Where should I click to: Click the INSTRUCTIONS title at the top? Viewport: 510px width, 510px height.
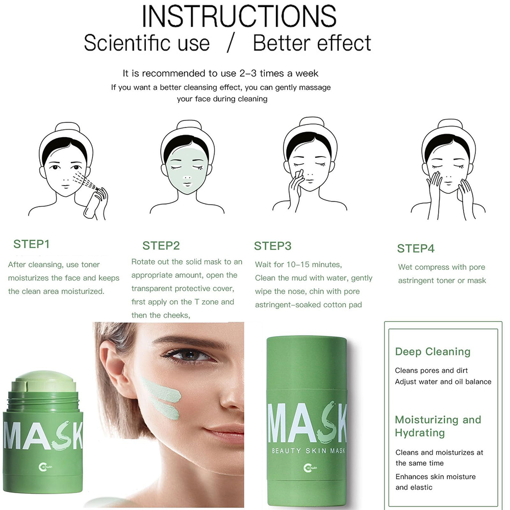click(x=239, y=16)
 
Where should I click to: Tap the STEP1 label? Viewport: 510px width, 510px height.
click(x=32, y=244)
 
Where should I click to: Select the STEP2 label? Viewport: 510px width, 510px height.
click(x=161, y=246)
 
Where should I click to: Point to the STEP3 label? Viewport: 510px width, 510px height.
click(x=272, y=246)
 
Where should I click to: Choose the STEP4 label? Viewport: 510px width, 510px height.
click(x=416, y=248)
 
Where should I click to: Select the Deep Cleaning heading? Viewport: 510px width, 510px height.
click(x=432, y=351)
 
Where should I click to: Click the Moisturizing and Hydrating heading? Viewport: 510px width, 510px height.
click(x=438, y=426)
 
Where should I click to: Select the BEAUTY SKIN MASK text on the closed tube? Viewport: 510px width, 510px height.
click(x=308, y=451)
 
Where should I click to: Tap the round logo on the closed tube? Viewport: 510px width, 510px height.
click(x=310, y=468)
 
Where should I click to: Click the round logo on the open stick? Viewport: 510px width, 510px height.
click(x=45, y=467)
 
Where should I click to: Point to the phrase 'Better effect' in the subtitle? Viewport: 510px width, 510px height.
click(x=312, y=43)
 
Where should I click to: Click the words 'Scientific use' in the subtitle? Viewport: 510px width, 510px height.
click(x=147, y=43)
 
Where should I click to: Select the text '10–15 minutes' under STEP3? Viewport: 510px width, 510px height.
click(x=314, y=264)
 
